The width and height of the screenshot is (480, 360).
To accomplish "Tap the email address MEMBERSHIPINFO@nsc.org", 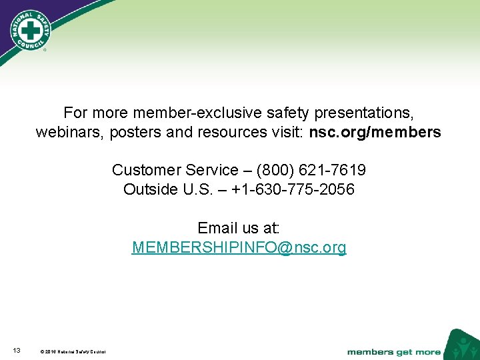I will pyautogui.click(x=239, y=248).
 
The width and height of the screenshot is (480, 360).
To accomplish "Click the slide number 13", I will pyautogui.click(x=17, y=351).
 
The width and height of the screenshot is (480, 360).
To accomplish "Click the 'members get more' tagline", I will pyautogui.click(x=393, y=351).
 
